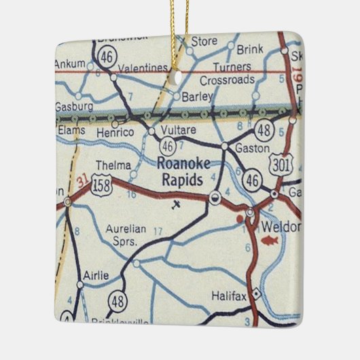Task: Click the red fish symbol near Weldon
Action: (x=268, y=240)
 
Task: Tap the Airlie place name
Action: (x=96, y=275)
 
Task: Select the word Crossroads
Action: (x=222, y=80)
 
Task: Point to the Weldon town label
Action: (x=279, y=226)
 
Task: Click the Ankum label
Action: (x=72, y=65)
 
